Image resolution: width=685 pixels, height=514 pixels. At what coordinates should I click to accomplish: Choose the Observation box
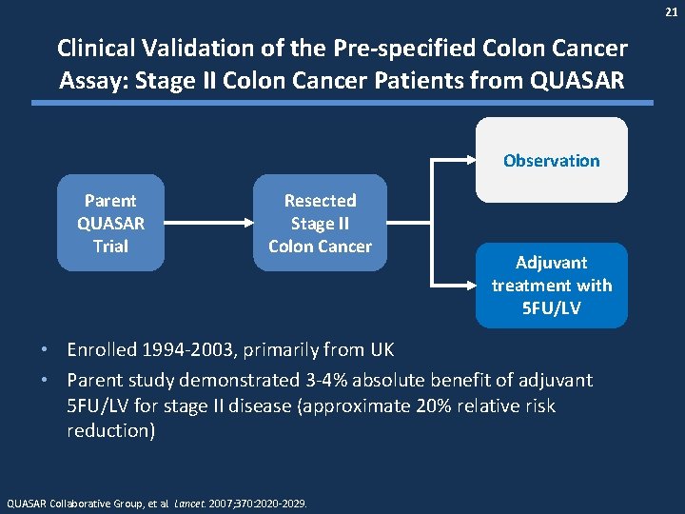[x=552, y=160]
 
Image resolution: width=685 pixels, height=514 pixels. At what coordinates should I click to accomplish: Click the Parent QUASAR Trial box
[x=110, y=223]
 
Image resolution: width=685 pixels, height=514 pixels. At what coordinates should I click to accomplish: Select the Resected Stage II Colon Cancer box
[x=320, y=223]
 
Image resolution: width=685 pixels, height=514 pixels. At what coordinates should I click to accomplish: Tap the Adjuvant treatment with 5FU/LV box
[x=552, y=285]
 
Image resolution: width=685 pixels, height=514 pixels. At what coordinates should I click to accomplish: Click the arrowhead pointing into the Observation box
[x=469, y=160]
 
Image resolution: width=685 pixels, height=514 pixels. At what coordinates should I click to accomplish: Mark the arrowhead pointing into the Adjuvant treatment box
[x=469, y=285]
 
